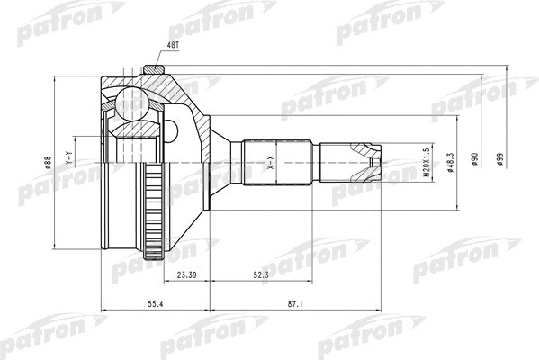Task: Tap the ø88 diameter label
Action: [47, 164]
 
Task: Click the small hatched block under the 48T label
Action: [152, 70]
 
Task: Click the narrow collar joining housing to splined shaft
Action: [232, 163]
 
